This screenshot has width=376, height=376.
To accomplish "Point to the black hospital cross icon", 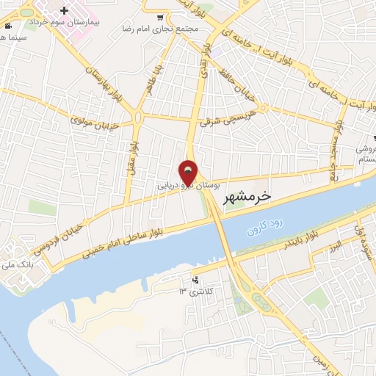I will (65, 11).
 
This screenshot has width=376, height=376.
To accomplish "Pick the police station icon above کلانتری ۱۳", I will (195, 279).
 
